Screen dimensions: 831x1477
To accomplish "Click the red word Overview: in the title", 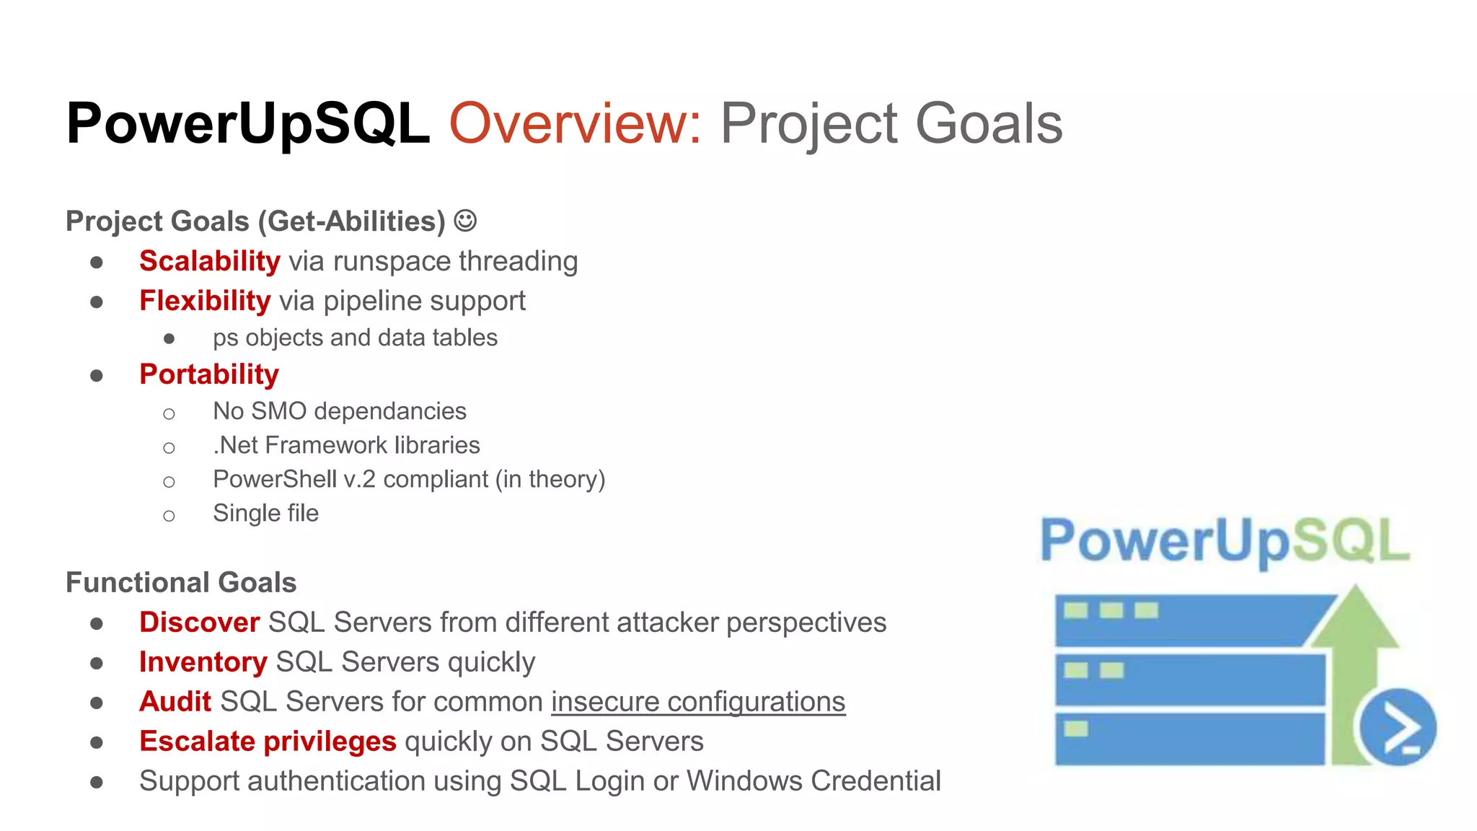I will [x=575, y=123].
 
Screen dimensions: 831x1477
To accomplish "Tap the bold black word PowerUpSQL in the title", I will [x=248, y=123].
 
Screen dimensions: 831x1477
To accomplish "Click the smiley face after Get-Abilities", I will [x=465, y=221].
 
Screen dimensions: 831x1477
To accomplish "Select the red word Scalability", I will [x=209, y=261].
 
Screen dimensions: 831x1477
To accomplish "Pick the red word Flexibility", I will [x=205, y=301].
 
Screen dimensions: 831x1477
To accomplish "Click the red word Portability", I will [x=208, y=374].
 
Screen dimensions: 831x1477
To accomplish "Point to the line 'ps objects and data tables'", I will [x=355, y=338].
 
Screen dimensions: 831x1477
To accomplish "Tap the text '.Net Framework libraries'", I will [x=346, y=445].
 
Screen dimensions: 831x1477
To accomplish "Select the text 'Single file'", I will [x=265, y=513].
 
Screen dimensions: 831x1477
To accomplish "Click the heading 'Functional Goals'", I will [x=181, y=582].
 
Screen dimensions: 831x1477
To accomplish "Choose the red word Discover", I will [x=199, y=623].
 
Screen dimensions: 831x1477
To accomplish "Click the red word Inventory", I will [x=203, y=662].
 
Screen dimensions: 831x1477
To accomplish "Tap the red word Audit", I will [x=175, y=702].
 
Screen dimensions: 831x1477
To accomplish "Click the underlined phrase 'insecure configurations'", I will [x=697, y=702].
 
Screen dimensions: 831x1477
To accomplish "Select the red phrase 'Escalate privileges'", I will [x=268, y=742].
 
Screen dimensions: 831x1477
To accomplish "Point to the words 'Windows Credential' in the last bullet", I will [x=814, y=781].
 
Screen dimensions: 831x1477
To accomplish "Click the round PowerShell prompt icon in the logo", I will [x=1398, y=727].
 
